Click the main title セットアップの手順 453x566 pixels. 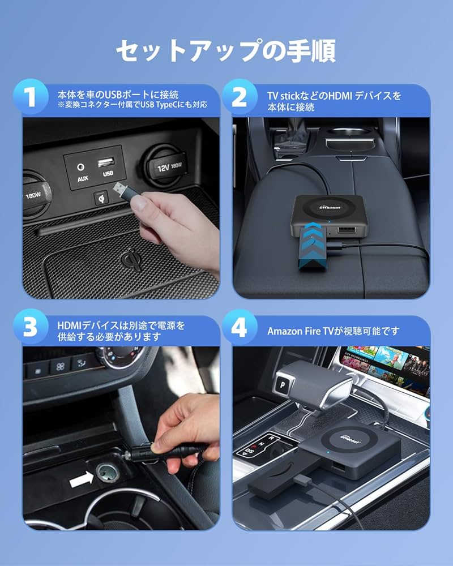(226, 51)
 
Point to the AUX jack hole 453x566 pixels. (83, 167)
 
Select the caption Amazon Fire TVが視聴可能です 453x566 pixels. (333, 331)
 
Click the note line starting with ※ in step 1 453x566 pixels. (131, 105)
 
